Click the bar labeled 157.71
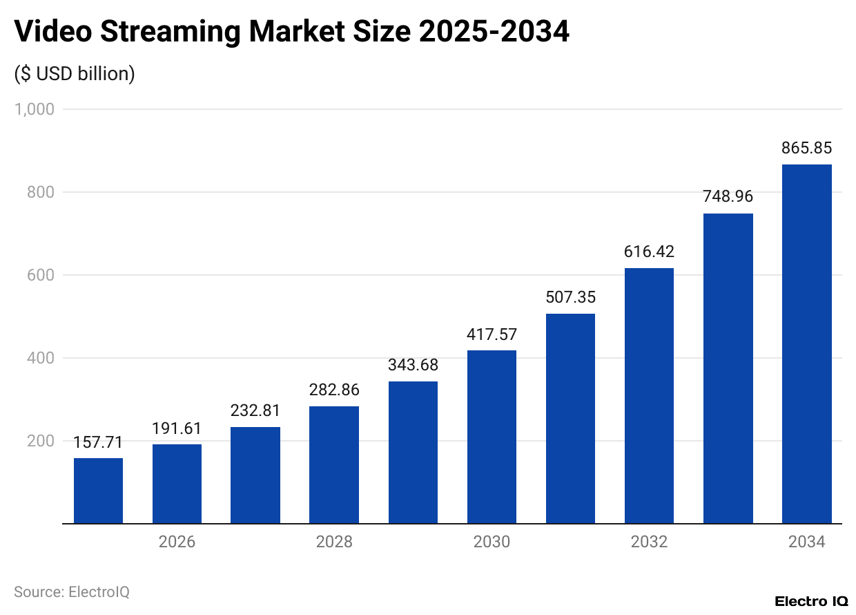(x=98, y=491)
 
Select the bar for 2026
(x=177, y=484)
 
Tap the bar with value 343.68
(x=413, y=453)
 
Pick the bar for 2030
(x=492, y=437)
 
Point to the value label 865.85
(x=806, y=148)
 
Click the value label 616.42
(x=649, y=252)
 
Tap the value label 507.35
(x=570, y=297)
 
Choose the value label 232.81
(x=255, y=410)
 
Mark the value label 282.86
(x=334, y=390)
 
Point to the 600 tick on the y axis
(x=40, y=275)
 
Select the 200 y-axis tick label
(x=40, y=441)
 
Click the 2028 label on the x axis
(x=334, y=542)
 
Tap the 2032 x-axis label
(x=649, y=542)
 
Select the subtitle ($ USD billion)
(x=75, y=73)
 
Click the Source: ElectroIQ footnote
(x=72, y=592)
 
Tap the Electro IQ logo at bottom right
(x=810, y=601)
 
